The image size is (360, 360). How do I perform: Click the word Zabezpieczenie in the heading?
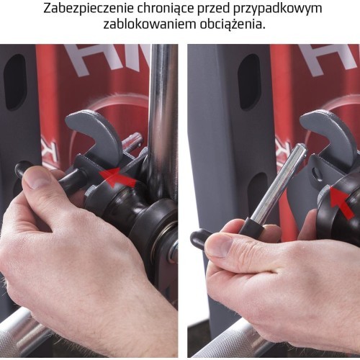(89, 9)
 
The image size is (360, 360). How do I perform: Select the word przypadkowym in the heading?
(279, 9)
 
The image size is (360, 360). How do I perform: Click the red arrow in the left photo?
(117, 177)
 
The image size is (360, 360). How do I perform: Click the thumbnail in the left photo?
(38, 178)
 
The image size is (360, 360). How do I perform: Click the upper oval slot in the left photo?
(15, 82)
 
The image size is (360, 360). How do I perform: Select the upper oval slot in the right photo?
(250, 81)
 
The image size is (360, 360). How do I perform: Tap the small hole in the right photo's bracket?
(317, 172)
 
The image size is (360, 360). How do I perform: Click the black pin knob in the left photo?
(20, 170)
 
